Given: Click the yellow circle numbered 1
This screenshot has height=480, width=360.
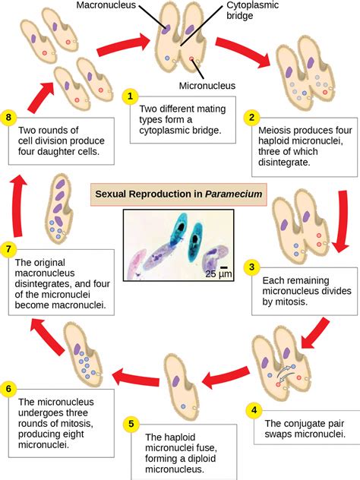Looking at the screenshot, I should pyautogui.click(x=131, y=96).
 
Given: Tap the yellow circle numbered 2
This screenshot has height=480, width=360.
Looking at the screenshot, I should pyautogui.click(x=251, y=118).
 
